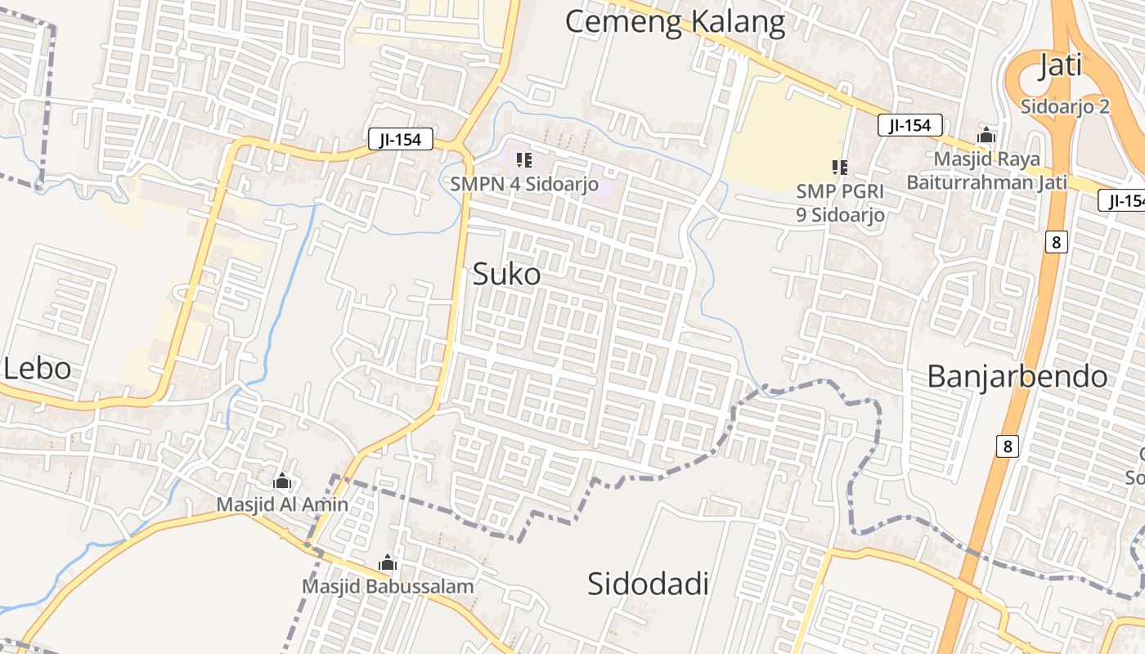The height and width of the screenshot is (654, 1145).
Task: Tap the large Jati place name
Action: pos(1060,65)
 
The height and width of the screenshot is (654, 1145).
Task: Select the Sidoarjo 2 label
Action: pos(1065,106)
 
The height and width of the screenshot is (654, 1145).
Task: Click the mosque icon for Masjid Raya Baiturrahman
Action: pos(986,136)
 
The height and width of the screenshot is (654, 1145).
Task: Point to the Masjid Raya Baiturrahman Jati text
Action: pos(986,170)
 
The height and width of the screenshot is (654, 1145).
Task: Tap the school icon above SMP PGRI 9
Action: pos(839,168)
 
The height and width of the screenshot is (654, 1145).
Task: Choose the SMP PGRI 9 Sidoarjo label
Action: pos(841,203)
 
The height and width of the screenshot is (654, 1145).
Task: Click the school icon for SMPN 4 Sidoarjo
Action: pos(524,160)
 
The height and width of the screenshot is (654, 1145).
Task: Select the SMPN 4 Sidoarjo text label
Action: pos(524,183)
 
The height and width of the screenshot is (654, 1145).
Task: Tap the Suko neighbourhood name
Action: pos(506,275)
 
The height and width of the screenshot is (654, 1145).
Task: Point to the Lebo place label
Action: pos(38,369)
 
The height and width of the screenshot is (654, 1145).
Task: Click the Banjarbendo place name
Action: pos(1017,377)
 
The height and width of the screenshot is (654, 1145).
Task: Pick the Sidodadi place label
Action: pos(648,584)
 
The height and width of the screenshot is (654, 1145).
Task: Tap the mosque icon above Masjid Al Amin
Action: pos(282,481)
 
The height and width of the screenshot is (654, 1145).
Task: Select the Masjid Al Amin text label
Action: pos(282,504)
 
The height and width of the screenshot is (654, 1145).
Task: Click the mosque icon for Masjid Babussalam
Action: pos(388,562)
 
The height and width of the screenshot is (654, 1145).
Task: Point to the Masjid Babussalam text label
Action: pos(388,586)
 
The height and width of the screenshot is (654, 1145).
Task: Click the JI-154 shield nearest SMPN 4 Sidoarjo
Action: pos(400,140)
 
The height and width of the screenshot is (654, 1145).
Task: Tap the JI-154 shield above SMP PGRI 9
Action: pos(909,125)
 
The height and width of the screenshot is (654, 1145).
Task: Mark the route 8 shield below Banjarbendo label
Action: pos(1008,446)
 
